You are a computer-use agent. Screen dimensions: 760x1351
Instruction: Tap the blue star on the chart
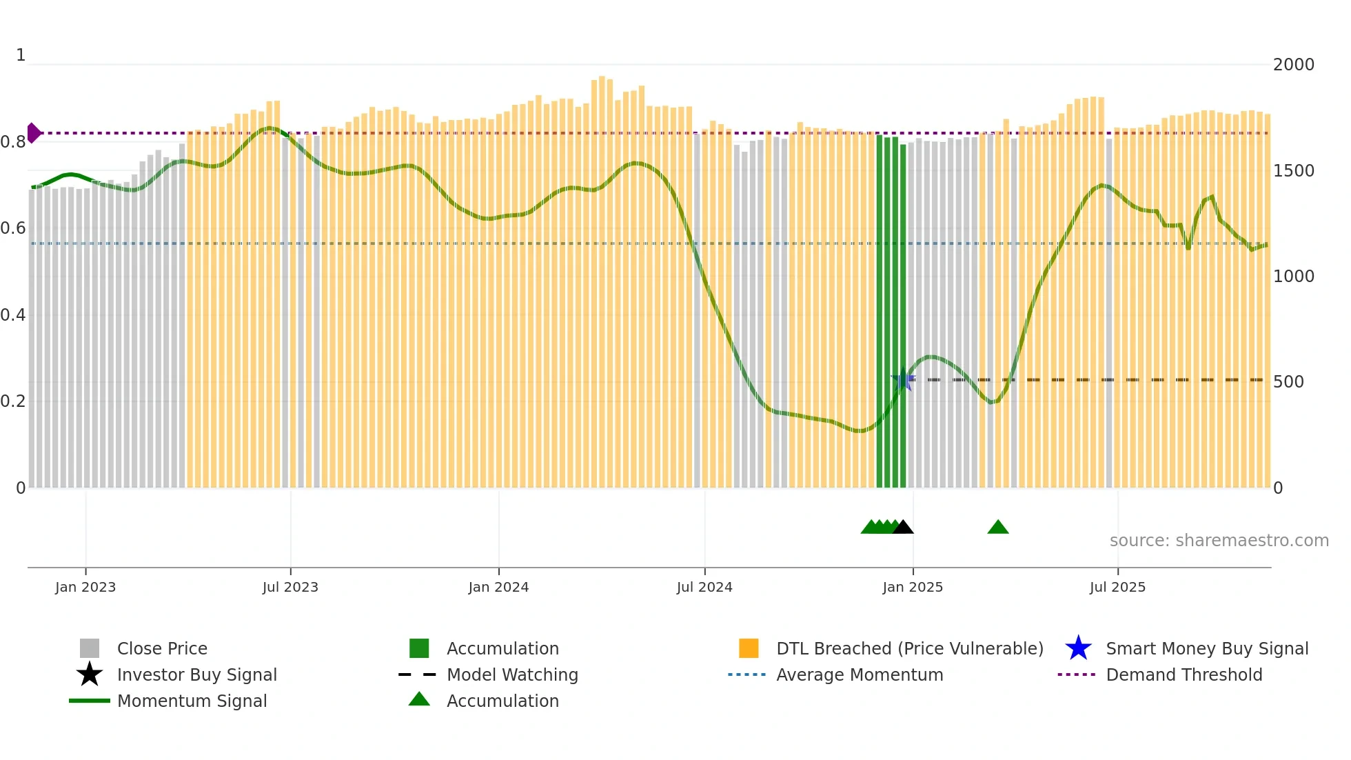[903, 379]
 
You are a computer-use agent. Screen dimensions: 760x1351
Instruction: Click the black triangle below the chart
[903, 528]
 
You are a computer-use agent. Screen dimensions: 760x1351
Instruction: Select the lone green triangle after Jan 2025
[997, 528]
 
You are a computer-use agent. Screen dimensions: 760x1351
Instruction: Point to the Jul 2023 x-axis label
[290, 587]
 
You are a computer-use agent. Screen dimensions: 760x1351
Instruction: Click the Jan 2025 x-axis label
[913, 587]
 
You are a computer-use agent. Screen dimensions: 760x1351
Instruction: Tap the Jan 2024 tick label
[498, 587]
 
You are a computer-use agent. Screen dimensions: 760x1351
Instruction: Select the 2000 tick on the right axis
[1293, 65]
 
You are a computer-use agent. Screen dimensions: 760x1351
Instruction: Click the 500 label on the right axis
[1288, 382]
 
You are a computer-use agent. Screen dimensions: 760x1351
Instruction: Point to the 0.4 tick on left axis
[13, 315]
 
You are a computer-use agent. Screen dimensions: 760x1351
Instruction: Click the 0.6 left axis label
[13, 228]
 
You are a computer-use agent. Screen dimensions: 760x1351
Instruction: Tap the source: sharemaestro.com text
[1219, 541]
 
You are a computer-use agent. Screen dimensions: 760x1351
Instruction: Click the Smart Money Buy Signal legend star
[1078, 648]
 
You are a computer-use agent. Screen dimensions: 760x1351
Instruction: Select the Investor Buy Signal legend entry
[196, 674]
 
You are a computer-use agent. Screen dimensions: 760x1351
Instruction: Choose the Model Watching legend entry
[512, 674]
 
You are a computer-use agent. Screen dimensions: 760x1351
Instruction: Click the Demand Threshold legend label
[1184, 674]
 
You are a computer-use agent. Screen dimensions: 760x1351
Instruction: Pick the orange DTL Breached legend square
[749, 648]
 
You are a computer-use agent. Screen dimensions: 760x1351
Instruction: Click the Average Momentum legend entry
[859, 674]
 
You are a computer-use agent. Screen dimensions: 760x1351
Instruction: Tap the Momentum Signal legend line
[90, 701]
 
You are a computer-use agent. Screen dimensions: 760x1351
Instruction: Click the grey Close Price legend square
[90, 648]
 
